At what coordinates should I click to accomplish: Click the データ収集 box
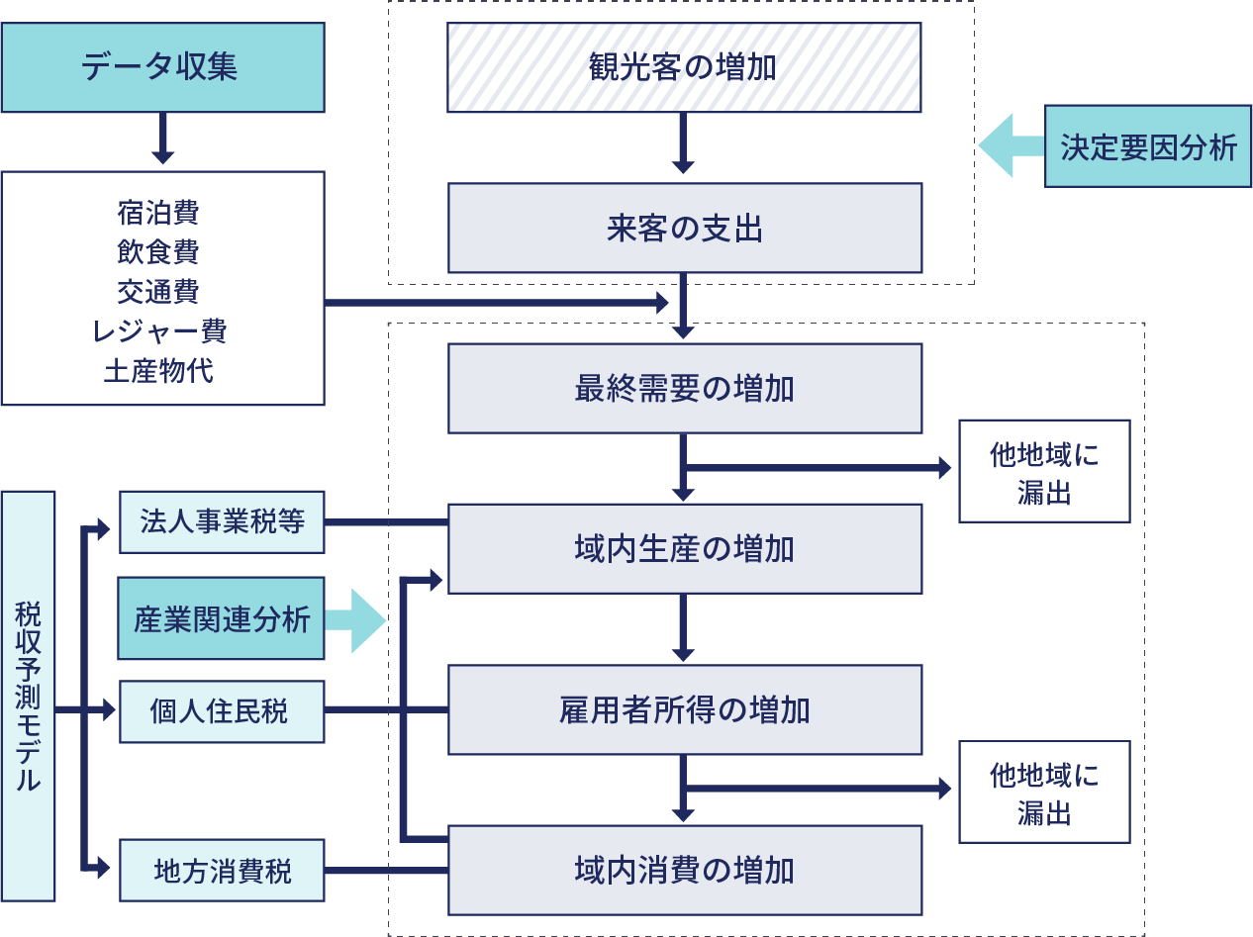pyautogui.click(x=162, y=67)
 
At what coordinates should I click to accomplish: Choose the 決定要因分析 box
pyautogui.click(x=1148, y=146)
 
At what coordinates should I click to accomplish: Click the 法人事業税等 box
pyautogui.click(x=222, y=521)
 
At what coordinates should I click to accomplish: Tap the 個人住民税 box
pyautogui.click(x=222, y=709)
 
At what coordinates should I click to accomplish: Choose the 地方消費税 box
pyautogui.click(x=222, y=871)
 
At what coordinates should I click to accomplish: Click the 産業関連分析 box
pyautogui.click(x=222, y=619)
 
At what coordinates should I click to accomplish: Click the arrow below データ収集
pyautogui.click(x=163, y=139)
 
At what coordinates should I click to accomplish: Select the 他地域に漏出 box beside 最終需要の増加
pyautogui.click(x=1044, y=471)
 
